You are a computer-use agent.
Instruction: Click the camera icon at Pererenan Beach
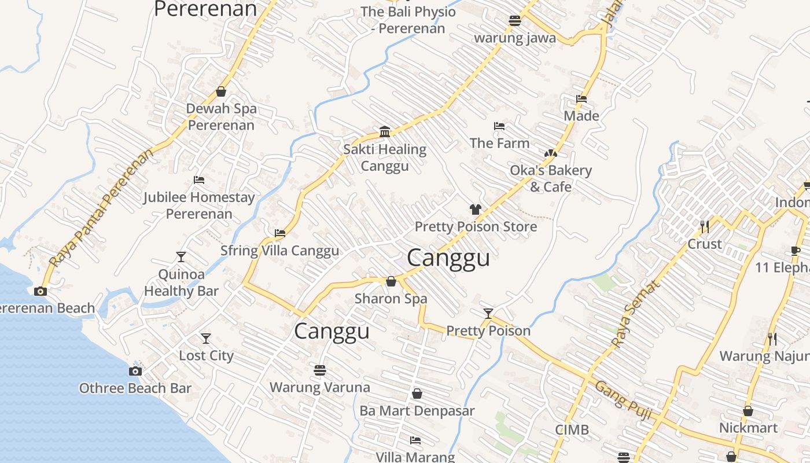41,291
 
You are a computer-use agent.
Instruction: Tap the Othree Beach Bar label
135,388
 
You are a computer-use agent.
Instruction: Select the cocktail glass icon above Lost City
205,339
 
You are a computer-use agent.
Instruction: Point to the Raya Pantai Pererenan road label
102,207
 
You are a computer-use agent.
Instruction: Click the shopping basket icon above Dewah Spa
220,91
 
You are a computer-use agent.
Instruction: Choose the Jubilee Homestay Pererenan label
199,205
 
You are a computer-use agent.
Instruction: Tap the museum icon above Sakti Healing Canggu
385,132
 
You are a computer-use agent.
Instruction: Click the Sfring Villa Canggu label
279,251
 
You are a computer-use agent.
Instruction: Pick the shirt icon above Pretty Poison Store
476,210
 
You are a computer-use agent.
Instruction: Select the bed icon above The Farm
499,126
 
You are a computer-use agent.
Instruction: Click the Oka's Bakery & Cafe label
551,178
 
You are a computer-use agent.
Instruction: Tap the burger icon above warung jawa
515,21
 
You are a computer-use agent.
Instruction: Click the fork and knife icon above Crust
704,226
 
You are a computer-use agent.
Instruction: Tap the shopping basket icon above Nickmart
748,411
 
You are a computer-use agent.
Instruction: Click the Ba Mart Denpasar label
417,411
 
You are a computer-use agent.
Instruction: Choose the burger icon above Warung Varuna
320,370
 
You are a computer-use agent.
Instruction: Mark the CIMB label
572,430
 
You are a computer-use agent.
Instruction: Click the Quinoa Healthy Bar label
181,282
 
